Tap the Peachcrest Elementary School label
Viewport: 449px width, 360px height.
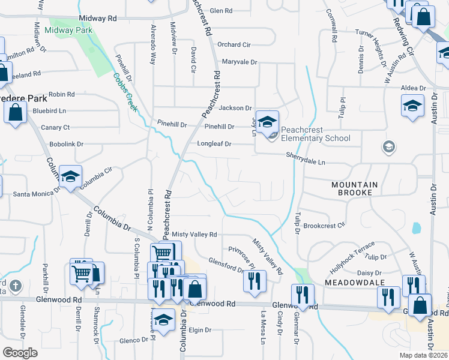[315, 134]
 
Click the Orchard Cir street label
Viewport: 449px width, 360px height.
[234, 44]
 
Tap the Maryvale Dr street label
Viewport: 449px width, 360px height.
[239, 62]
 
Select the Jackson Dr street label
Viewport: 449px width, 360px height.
[235, 108]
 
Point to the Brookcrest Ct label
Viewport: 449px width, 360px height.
[324, 226]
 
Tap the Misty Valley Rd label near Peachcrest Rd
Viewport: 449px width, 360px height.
[194, 234]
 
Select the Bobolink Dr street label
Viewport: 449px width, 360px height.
[66, 145]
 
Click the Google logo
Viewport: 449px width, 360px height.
[20, 353]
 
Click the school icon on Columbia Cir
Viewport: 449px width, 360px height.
[70, 176]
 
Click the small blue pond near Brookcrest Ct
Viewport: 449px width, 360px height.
[416, 228]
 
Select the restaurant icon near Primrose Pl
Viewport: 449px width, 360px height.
[255, 280]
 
